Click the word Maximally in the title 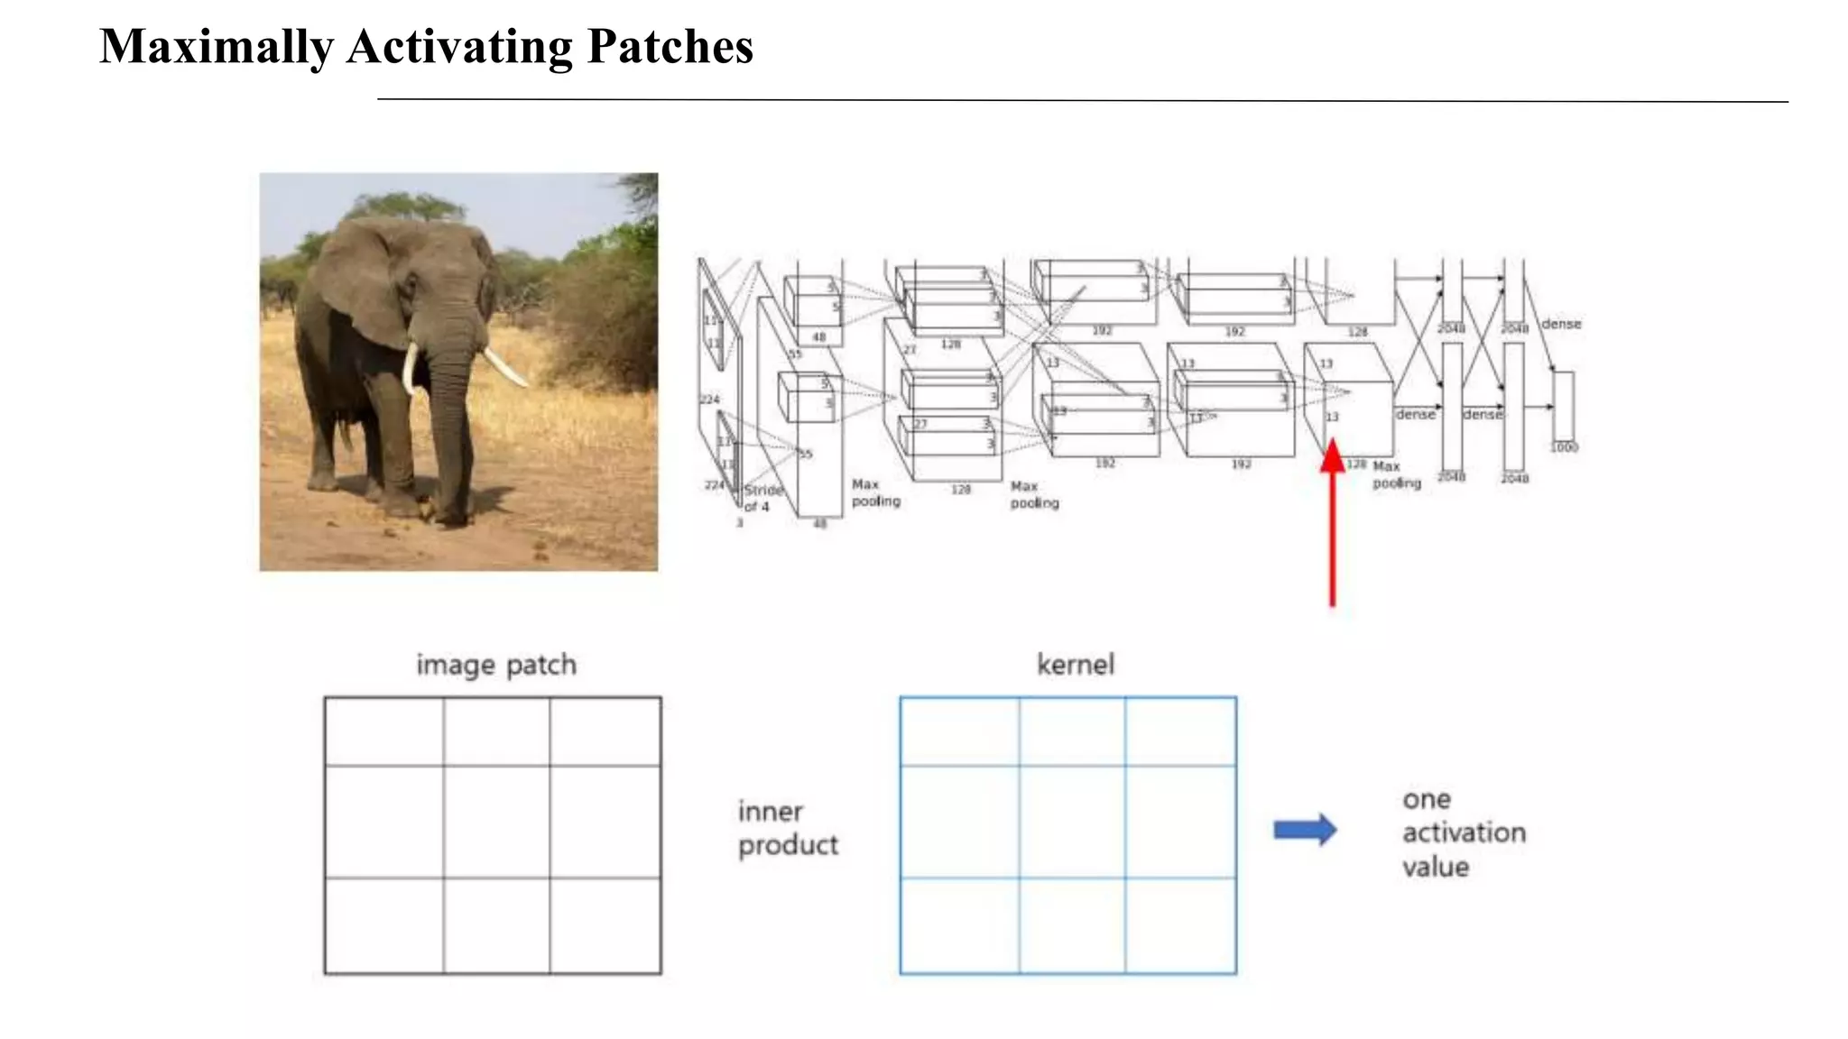(x=216, y=47)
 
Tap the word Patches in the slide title (x=670, y=47)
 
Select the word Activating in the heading (x=459, y=47)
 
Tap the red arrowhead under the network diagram (x=1333, y=456)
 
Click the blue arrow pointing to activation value (x=1305, y=830)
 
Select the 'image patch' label (x=496, y=666)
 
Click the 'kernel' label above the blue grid (x=1076, y=666)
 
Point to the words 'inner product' (x=788, y=828)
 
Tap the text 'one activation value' (x=1463, y=832)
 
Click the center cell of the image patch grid (x=496, y=822)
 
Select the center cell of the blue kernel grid (x=1072, y=822)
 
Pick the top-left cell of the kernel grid (x=959, y=731)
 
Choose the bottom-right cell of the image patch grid (x=605, y=925)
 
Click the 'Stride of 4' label (x=762, y=498)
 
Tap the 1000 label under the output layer (x=1564, y=447)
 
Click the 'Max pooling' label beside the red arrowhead (x=1396, y=474)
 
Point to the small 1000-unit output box (x=1564, y=406)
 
